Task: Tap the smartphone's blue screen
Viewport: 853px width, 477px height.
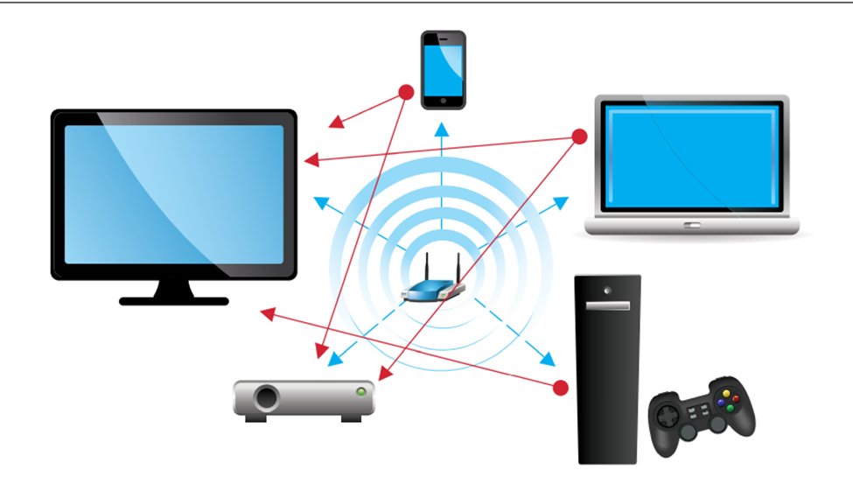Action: point(443,70)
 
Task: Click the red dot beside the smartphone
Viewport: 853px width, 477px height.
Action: point(406,91)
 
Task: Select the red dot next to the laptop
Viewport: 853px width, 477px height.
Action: point(578,137)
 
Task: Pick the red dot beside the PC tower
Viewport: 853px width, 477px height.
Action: point(560,387)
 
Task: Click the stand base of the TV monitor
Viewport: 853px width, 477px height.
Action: point(173,300)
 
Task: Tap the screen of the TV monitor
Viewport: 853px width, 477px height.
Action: point(174,194)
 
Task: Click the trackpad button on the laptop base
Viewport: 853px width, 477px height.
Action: point(692,226)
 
